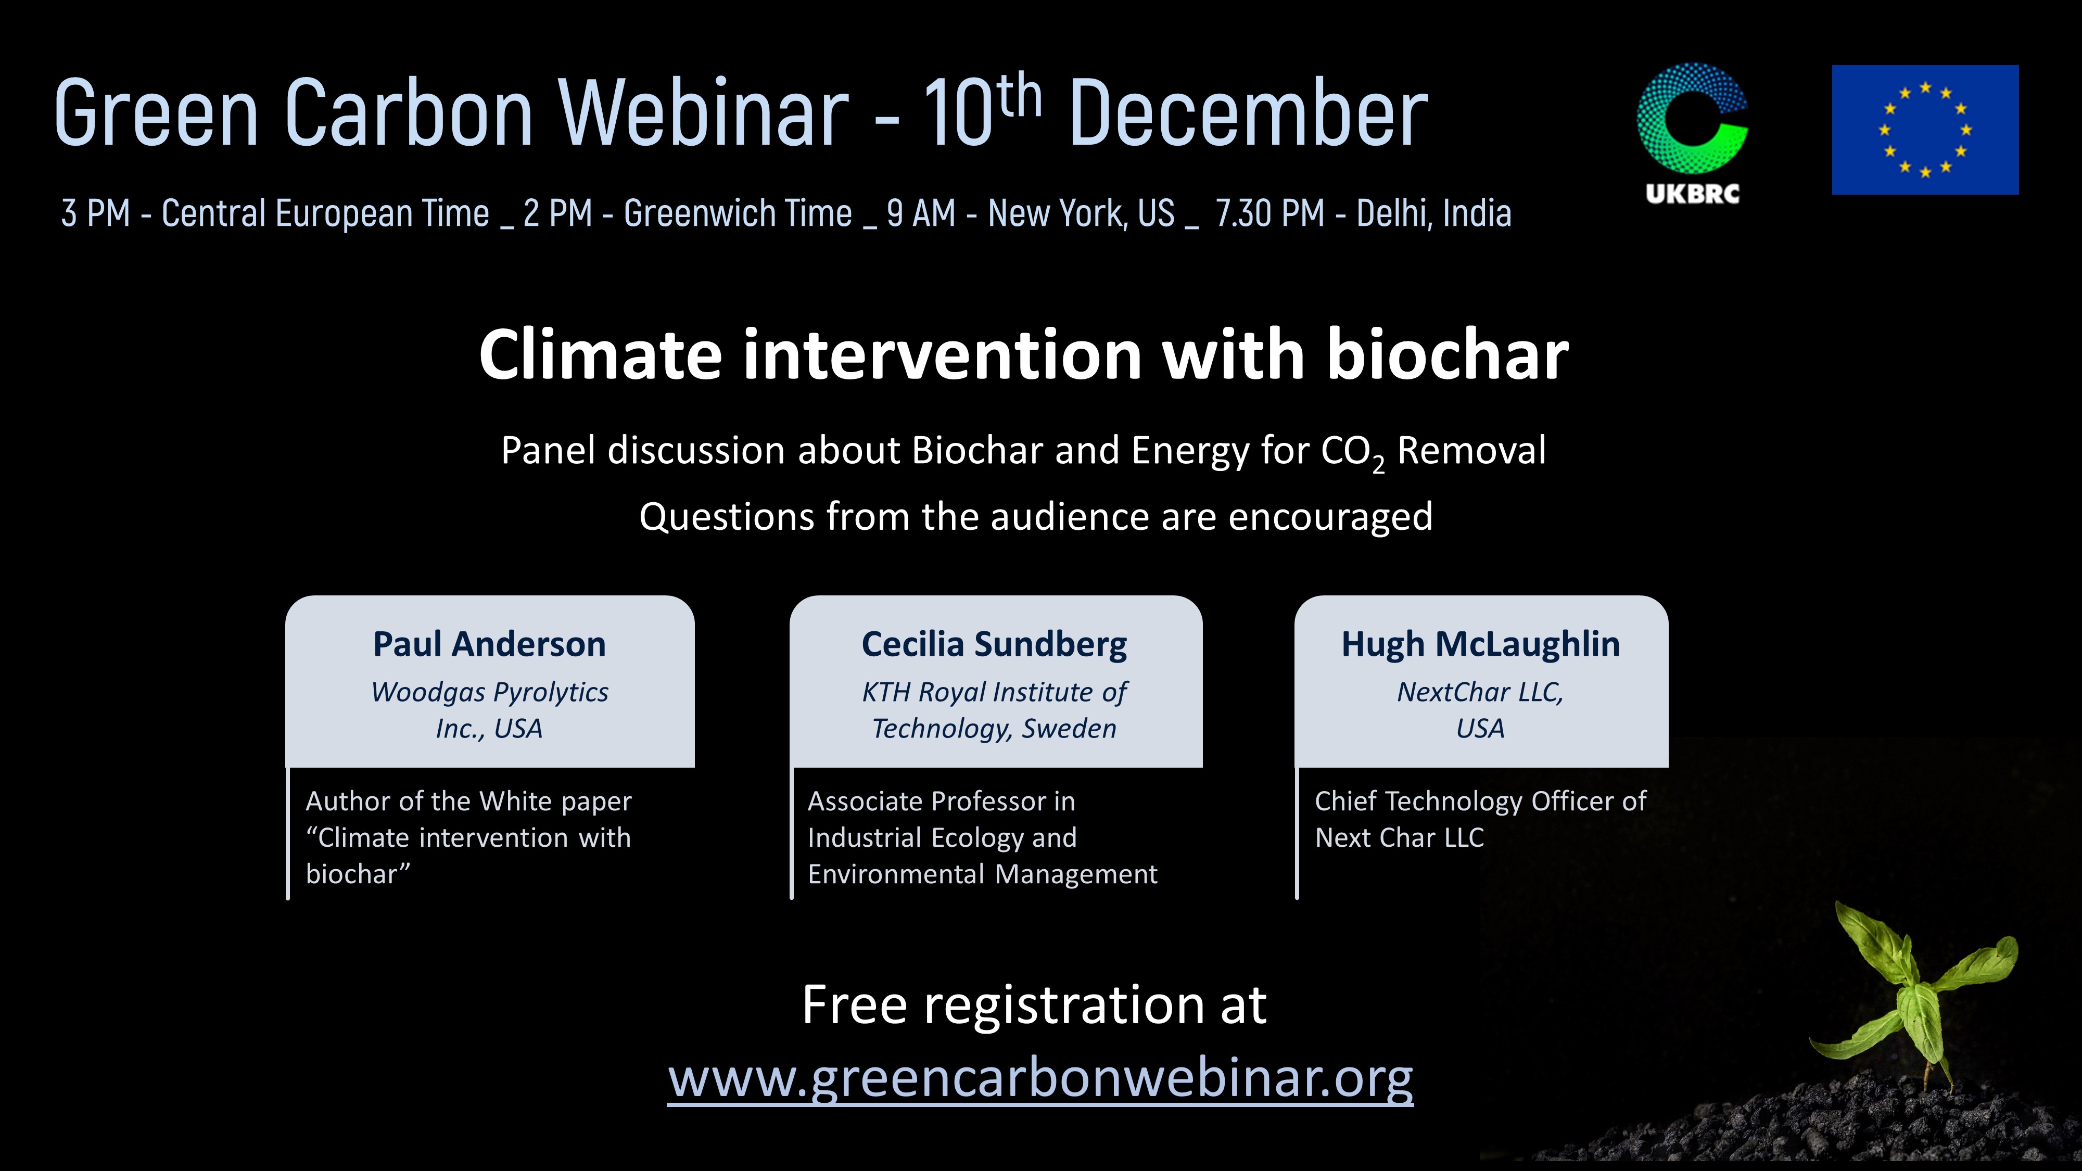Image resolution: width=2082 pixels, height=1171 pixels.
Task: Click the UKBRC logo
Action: coord(1693,133)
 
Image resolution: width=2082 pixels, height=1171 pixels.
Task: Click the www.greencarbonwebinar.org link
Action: coord(1040,1078)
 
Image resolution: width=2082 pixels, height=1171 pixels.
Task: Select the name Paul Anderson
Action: coord(489,644)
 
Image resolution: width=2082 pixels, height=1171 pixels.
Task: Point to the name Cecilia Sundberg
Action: coord(994,645)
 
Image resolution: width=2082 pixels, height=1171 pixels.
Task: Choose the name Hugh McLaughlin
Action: coord(1481,644)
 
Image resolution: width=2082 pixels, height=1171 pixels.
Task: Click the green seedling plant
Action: coord(1915,994)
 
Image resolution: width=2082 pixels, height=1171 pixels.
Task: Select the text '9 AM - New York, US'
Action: coord(1031,213)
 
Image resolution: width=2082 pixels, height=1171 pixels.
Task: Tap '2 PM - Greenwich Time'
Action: coord(688,213)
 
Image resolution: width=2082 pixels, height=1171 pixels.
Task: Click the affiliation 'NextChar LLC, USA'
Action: coord(1481,709)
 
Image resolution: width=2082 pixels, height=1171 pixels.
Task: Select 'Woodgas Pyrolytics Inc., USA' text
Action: coord(489,709)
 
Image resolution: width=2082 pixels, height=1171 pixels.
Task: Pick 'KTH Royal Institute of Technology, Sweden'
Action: coord(994,709)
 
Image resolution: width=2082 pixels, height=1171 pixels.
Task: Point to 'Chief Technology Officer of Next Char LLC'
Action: coord(1481,819)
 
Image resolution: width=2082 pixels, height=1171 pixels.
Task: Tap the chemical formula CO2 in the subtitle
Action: coord(1353,453)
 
